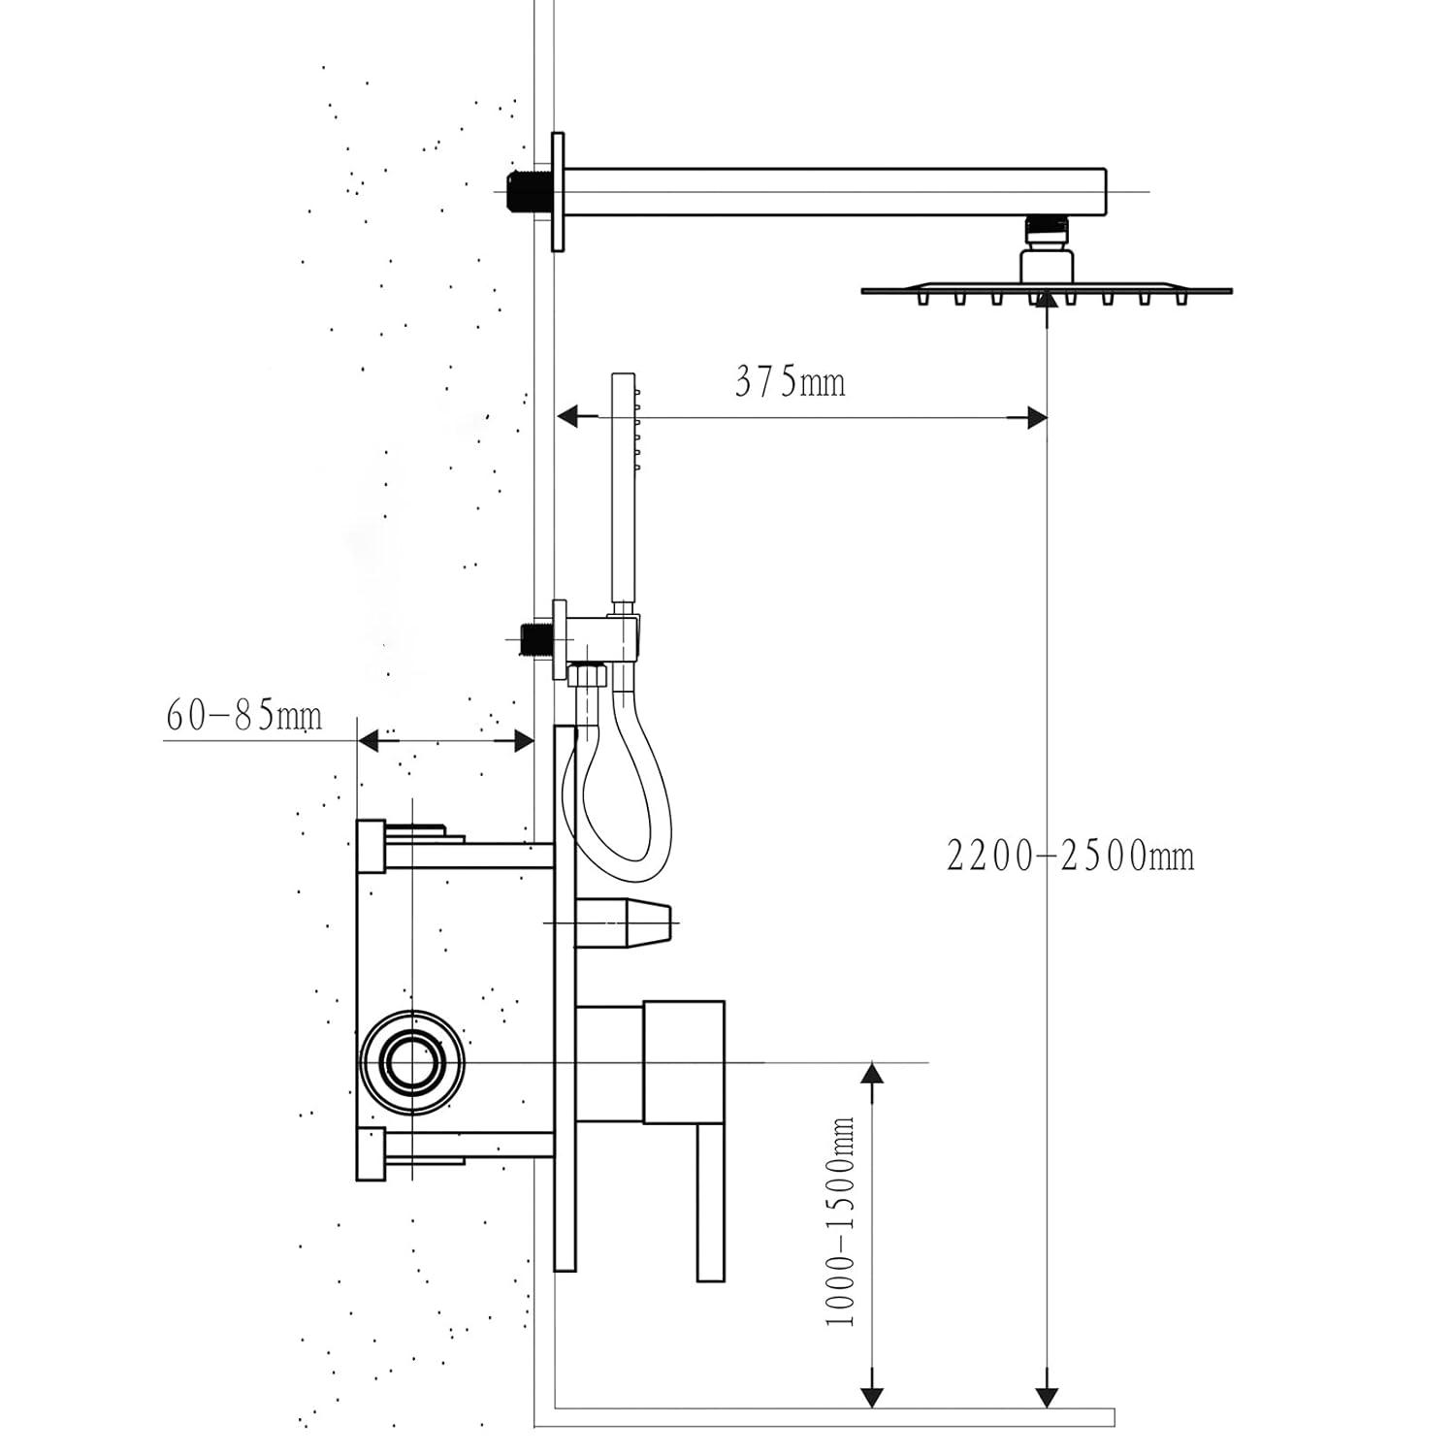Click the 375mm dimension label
tap(790, 381)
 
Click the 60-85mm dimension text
tap(243, 717)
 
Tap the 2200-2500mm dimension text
tap(1070, 856)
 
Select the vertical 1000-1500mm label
tap(840, 1220)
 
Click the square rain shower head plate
tap(1046, 289)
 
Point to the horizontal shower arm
tap(834, 191)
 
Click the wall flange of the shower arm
tap(557, 191)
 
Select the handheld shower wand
tap(622, 485)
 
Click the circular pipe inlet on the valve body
tap(412, 1062)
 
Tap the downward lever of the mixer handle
tap(711, 1203)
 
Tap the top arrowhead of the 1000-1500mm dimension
tap(873, 1073)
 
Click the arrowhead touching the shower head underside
tap(1046, 301)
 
